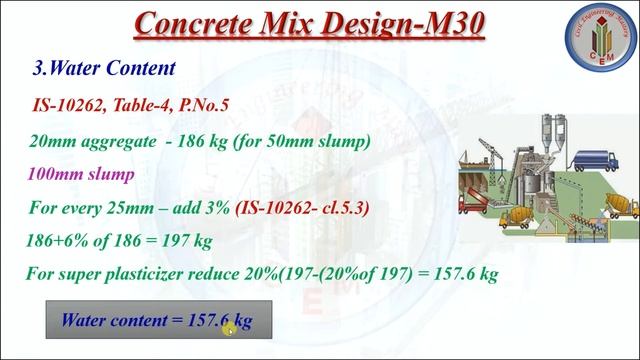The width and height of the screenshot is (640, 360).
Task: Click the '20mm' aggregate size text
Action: click(53, 141)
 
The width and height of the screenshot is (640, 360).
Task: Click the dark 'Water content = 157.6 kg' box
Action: click(156, 321)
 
